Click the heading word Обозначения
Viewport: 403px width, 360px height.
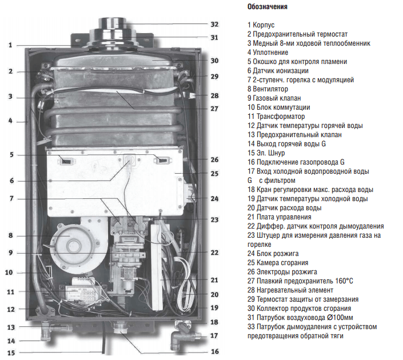(268, 7)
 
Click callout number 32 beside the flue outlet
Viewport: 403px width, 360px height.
(214, 25)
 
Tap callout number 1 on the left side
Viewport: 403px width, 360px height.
(10, 45)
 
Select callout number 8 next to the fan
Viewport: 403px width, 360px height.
(10, 235)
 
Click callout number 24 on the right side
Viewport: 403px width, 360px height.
(214, 199)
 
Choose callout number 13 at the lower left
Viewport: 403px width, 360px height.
(10, 327)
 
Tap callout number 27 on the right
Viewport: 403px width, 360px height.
(214, 109)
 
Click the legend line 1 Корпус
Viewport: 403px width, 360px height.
(261, 25)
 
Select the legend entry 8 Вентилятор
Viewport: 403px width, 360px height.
(268, 89)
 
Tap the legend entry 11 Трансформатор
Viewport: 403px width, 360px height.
(276, 117)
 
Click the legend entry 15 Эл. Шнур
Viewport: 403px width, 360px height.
(266, 153)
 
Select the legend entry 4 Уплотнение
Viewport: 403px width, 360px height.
(268, 53)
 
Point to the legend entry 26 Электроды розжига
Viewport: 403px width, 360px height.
(282, 271)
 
